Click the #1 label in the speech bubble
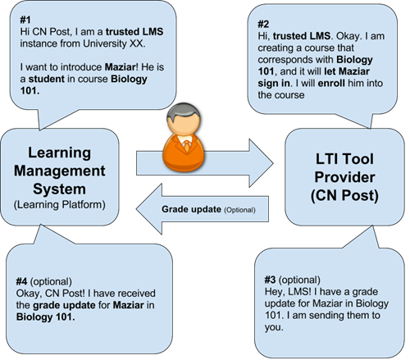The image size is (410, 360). [x=25, y=20]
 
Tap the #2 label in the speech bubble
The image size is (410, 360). [x=263, y=24]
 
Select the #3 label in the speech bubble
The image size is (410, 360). [x=270, y=280]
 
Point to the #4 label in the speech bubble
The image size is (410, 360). [x=21, y=281]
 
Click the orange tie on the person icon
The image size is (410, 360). [x=187, y=145]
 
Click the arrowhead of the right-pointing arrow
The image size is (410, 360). [x=261, y=163]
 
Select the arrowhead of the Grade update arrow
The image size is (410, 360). [x=149, y=209]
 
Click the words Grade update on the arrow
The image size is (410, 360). [x=191, y=209]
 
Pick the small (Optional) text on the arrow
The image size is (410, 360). [x=239, y=210]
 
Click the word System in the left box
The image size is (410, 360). [x=59, y=189]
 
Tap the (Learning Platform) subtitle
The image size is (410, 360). [x=60, y=204]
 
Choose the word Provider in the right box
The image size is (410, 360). [x=344, y=177]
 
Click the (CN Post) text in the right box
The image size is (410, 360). [x=344, y=196]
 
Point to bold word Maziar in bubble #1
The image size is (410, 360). [x=120, y=67]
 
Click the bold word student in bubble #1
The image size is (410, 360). [x=47, y=79]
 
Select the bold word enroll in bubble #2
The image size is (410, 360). [x=331, y=83]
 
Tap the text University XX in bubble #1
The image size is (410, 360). [x=113, y=43]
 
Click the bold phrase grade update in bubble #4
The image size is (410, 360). [x=64, y=305]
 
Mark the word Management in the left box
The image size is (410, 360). [x=60, y=171]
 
